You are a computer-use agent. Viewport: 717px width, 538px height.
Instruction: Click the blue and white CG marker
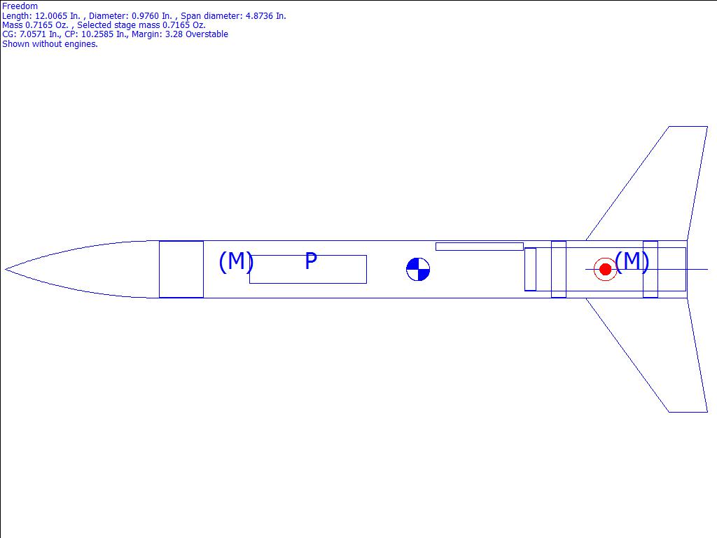click(x=418, y=269)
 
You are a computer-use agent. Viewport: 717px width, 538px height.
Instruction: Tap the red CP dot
click(x=605, y=269)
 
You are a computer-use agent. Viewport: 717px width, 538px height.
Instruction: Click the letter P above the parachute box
click(x=311, y=261)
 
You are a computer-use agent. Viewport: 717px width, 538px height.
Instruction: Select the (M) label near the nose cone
click(x=236, y=262)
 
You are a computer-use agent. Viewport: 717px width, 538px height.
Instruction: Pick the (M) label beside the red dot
click(x=632, y=262)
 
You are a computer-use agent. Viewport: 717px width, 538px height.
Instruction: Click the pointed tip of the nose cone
click(x=5, y=269)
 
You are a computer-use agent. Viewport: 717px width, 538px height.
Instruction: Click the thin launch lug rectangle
click(x=479, y=247)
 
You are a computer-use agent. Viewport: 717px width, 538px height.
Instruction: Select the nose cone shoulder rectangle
click(x=181, y=269)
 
